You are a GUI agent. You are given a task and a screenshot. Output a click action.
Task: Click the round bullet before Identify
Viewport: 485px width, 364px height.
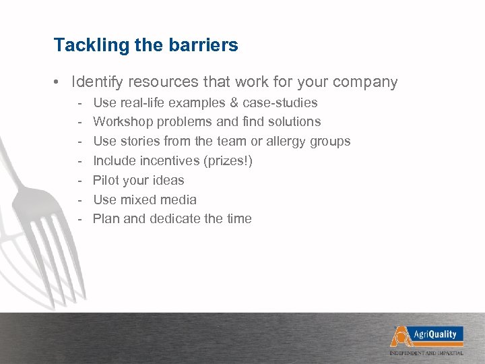[x=59, y=83]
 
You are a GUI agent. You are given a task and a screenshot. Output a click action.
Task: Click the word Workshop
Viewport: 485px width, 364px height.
[x=121, y=122]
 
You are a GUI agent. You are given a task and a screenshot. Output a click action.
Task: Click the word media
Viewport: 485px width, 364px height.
[x=179, y=200]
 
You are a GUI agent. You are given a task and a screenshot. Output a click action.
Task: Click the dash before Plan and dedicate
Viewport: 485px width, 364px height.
[x=79, y=218]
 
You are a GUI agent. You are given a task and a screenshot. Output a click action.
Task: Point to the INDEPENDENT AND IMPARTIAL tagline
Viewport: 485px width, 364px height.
[x=434, y=353]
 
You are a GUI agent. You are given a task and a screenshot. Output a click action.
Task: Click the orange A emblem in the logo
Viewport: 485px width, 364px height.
[x=400, y=336]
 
